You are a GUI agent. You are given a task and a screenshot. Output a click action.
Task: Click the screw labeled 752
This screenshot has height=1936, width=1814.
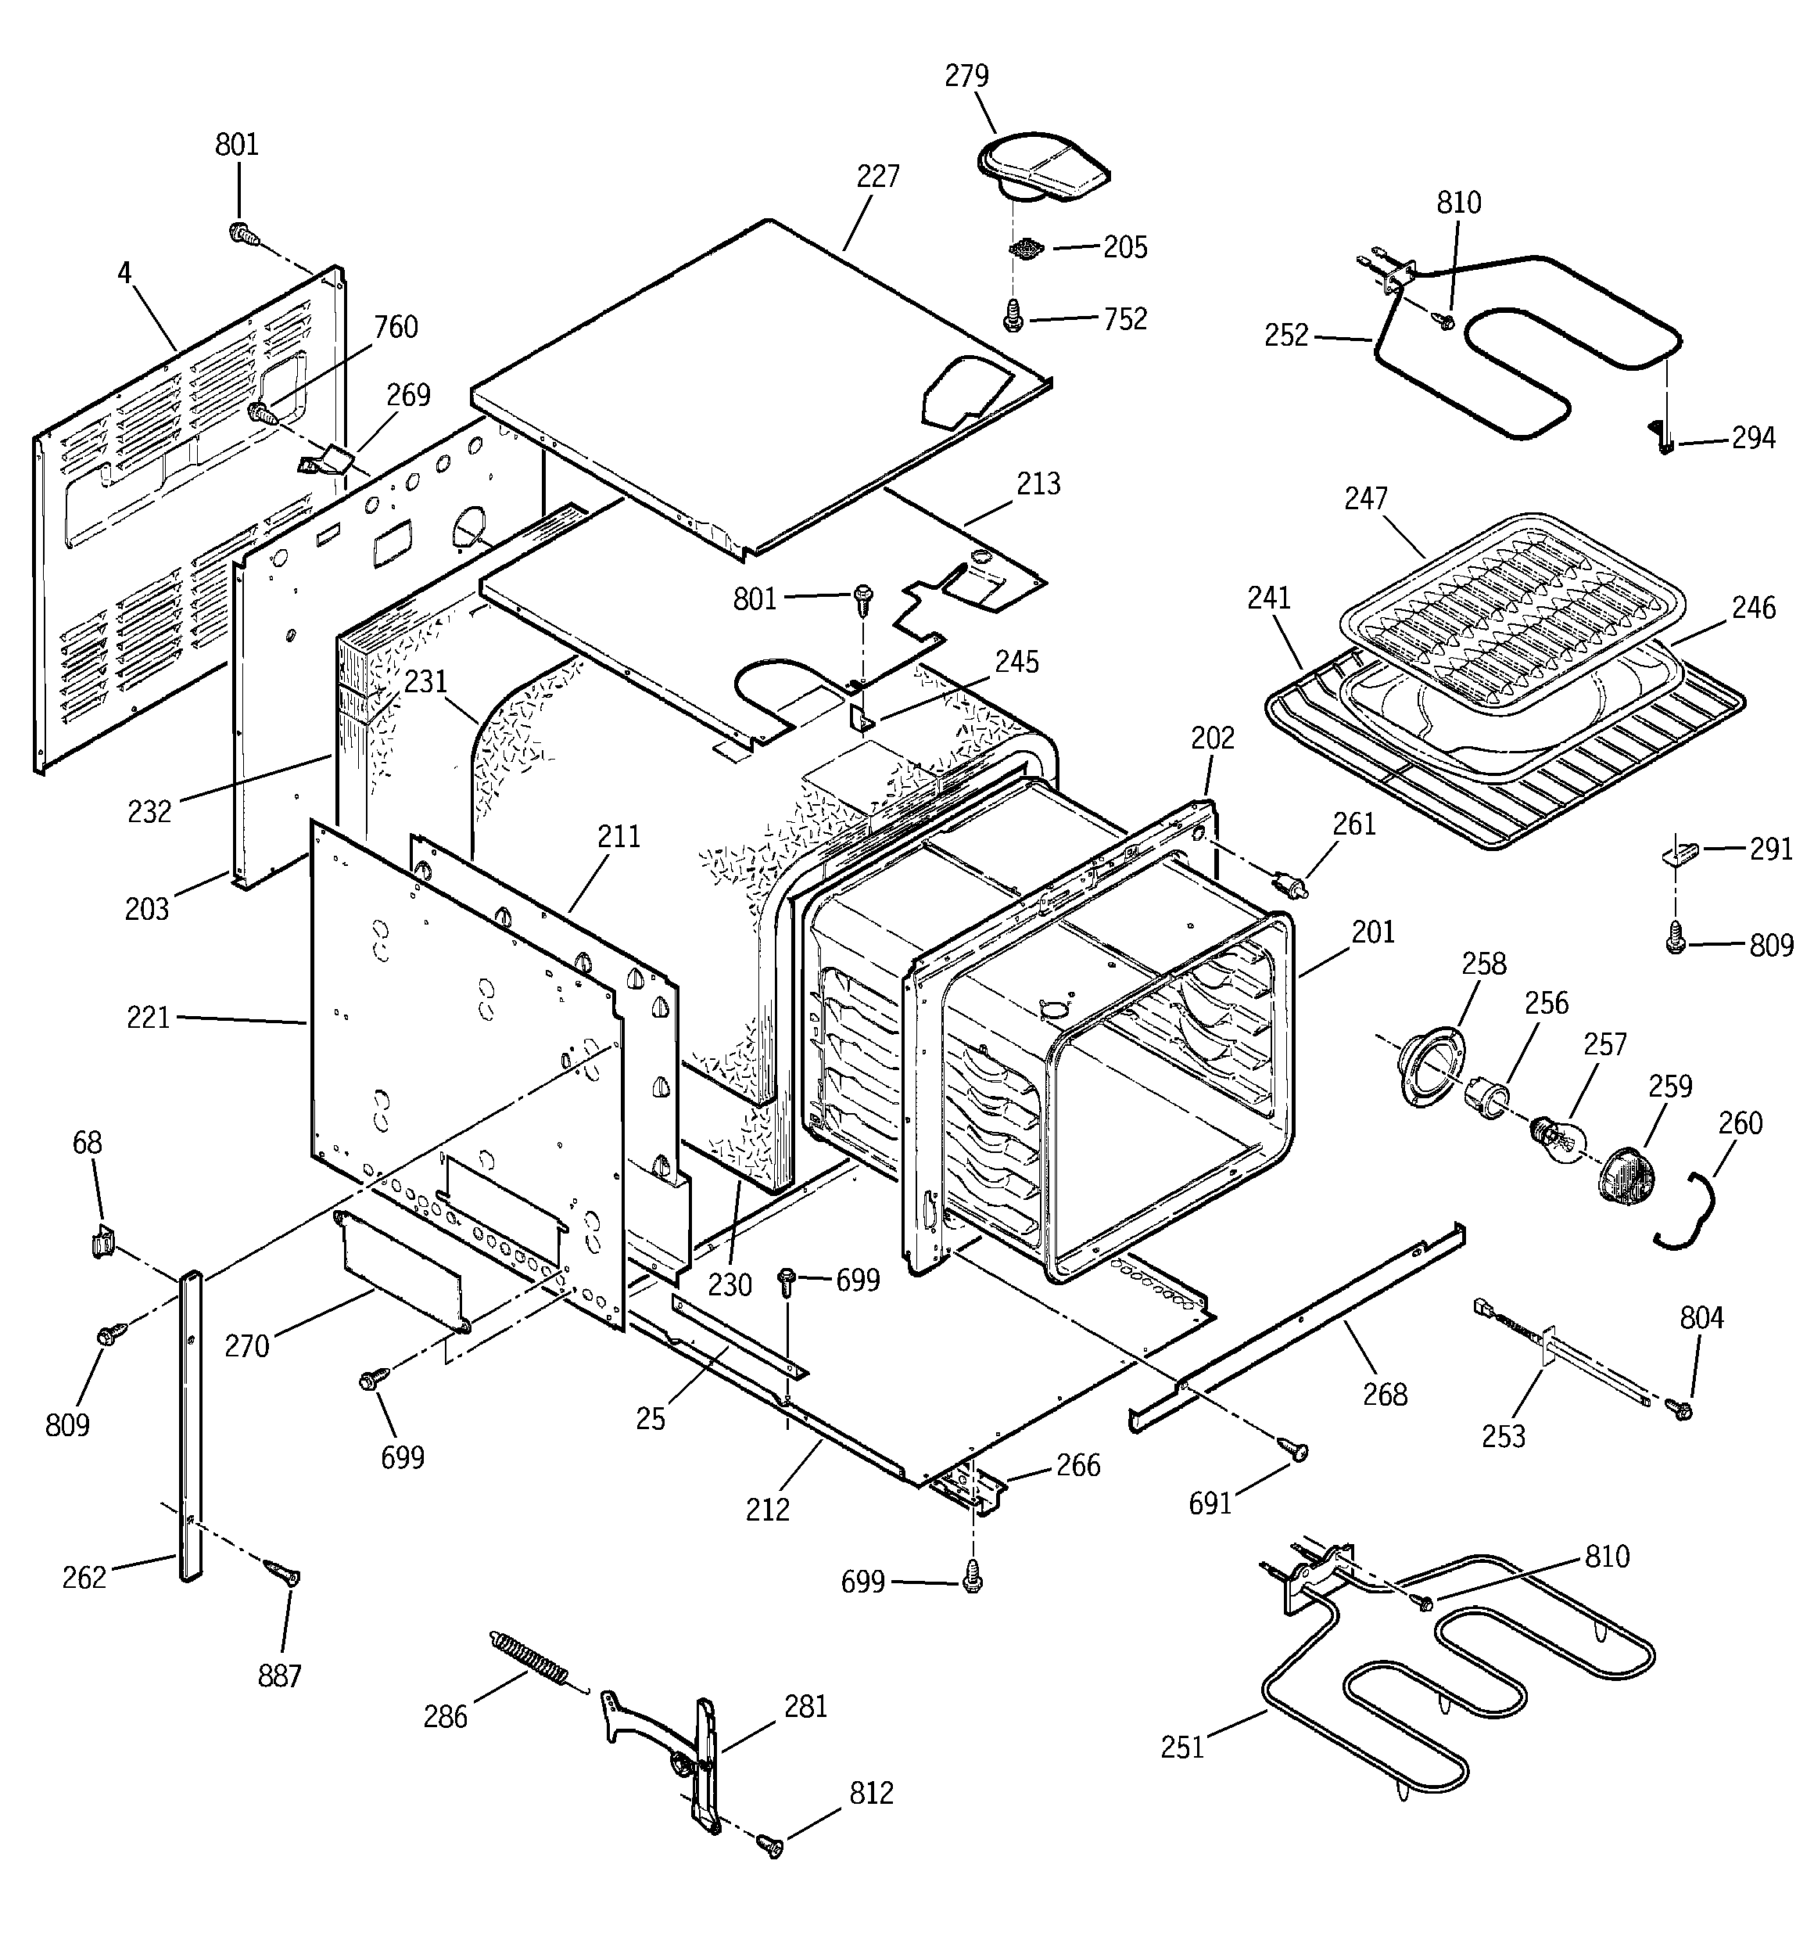(x=1013, y=315)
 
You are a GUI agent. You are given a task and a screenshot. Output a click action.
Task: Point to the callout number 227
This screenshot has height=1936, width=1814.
(x=877, y=178)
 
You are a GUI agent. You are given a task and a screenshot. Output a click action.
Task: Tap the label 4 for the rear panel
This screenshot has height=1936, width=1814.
(x=124, y=273)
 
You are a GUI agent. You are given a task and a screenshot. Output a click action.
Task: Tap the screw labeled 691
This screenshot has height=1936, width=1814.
(x=1296, y=1450)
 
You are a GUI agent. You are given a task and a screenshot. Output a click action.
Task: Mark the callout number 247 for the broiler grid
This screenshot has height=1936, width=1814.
(x=1365, y=498)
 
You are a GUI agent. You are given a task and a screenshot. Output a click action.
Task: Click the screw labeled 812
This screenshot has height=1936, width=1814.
(x=769, y=1842)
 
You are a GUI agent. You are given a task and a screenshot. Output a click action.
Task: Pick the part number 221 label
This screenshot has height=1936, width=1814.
(x=148, y=1018)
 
